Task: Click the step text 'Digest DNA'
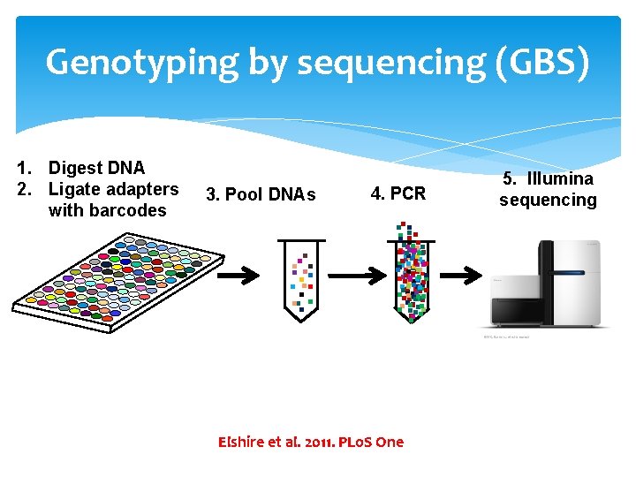[x=96, y=168]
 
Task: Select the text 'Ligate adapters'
[x=113, y=189]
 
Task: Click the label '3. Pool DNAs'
[x=261, y=194]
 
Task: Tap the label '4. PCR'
[x=397, y=193]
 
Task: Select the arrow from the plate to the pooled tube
[x=238, y=276]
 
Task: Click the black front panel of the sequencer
[x=516, y=310]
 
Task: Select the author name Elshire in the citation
[x=244, y=442]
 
